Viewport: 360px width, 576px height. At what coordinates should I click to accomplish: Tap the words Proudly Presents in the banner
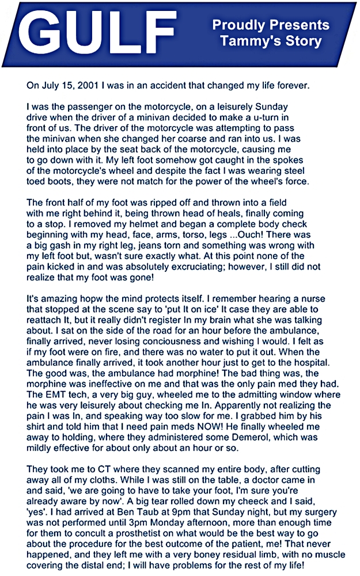click(271, 25)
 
